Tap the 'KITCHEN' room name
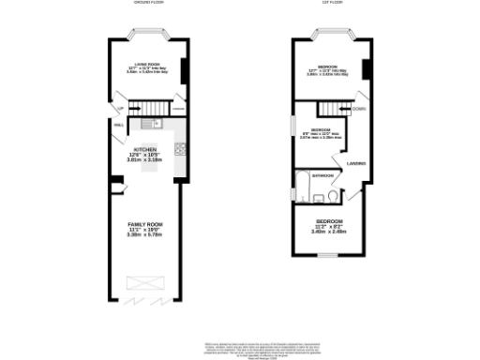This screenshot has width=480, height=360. pos(144,151)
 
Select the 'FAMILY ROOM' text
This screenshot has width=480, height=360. pos(144,225)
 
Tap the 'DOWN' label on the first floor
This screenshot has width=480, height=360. pos(358,109)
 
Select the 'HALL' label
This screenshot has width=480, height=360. pos(119,123)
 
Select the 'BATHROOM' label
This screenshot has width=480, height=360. pos(323,174)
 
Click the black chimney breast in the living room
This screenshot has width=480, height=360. pos(183,70)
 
